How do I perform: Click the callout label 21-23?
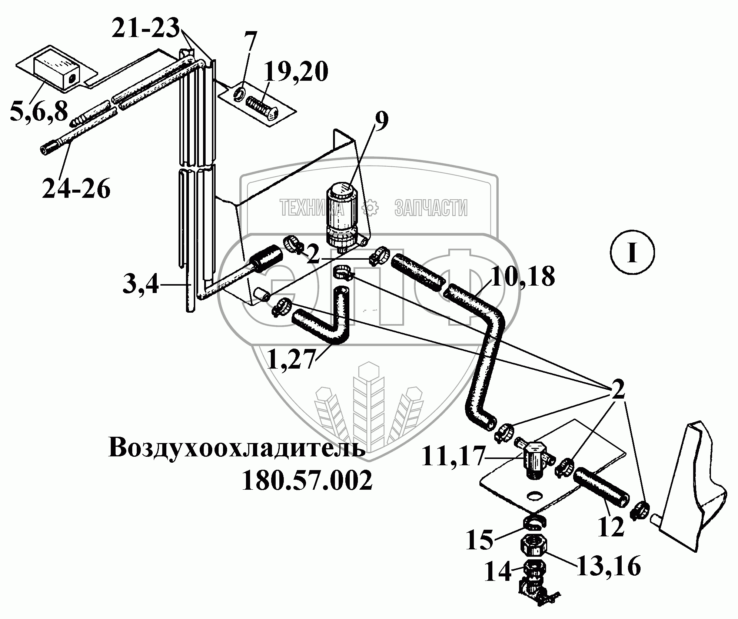pos(145,28)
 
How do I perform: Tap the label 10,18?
pos(522,276)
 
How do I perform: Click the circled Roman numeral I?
pos(632,253)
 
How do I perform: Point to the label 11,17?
pos(453,457)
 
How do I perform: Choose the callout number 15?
pos(479,549)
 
